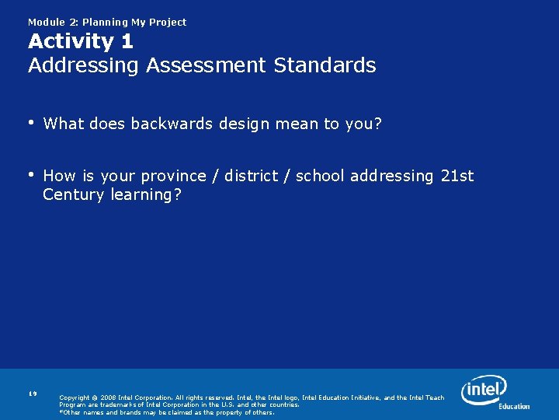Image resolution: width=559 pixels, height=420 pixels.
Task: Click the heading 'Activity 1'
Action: click(x=81, y=41)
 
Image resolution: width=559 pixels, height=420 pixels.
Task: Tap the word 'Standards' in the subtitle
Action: click(x=325, y=65)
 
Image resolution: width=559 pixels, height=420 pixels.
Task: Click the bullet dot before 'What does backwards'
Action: click(x=32, y=122)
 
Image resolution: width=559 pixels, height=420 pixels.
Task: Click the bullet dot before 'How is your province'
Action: click(x=32, y=174)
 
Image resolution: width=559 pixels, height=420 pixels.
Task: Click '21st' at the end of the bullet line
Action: click(x=457, y=176)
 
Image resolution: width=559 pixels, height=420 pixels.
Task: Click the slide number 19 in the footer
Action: click(x=33, y=394)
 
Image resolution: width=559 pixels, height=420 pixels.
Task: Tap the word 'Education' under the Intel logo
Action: click(x=514, y=406)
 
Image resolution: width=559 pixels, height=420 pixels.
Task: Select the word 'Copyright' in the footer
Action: click(x=77, y=398)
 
